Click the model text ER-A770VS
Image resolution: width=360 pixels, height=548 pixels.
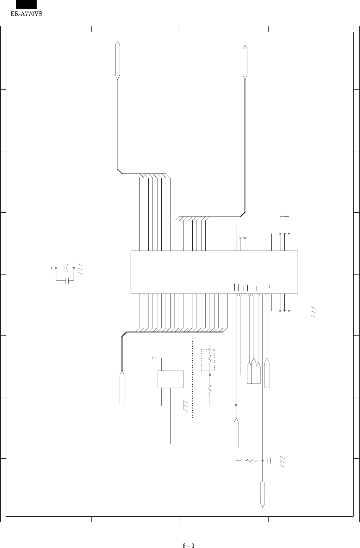(26, 14)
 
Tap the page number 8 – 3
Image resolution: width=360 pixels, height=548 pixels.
(188, 545)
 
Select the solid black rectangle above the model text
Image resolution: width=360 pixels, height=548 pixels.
(26, 5)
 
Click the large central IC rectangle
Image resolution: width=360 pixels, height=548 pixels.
(214, 272)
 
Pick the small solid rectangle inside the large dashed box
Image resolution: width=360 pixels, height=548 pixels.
(170, 379)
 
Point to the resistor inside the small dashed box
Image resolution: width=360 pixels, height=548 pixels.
(210, 360)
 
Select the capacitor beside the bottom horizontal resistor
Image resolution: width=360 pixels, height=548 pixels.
(269, 461)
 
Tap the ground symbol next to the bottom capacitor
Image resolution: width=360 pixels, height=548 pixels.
(282, 462)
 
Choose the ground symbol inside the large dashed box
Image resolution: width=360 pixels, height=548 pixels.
(186, 406)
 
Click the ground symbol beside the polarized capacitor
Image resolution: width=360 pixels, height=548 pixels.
(80, 269)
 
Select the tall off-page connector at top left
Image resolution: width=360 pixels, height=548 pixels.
(118, 60)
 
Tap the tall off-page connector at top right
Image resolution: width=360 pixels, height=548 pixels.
(245, 62)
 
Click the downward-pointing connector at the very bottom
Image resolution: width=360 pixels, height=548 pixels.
(262, 495)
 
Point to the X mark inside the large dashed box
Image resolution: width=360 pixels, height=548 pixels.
(161, 405)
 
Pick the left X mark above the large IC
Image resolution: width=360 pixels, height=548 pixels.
(241, 238)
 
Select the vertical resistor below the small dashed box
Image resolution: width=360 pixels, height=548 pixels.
(210, 390)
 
